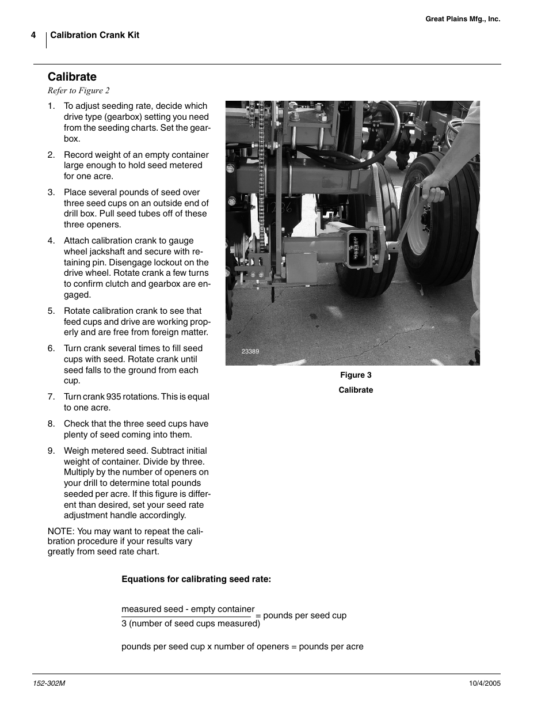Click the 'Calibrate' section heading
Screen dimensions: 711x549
[x=72, y=77]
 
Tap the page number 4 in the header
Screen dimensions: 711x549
[x=33, y=35]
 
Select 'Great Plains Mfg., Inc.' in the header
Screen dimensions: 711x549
[x=463, y=19]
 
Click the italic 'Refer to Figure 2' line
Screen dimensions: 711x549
[x=78, y=90]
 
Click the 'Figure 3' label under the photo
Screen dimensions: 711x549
[x=356, y=375]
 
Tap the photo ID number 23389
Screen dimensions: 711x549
[x=250, y=351]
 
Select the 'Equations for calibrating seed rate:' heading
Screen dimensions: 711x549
[x=196, y=579]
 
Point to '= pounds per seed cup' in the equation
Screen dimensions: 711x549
[x=301, y=615]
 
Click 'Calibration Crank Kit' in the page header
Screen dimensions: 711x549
[x=94, y=35]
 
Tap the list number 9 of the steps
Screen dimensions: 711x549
[x=51, y=451]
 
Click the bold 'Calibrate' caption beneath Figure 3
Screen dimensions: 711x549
[x=356, y=390]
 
